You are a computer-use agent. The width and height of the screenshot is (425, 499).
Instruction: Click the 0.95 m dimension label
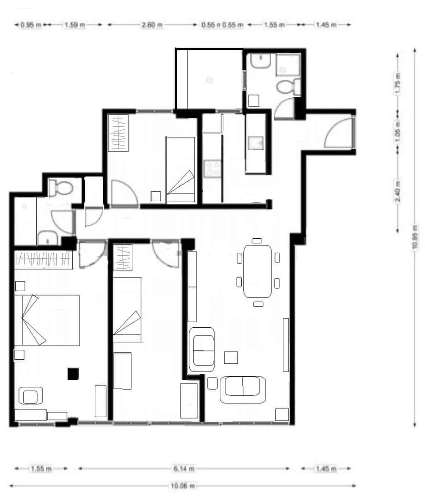click(x=31, y=25)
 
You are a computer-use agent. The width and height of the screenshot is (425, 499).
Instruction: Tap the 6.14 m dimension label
click(x=183, y=469)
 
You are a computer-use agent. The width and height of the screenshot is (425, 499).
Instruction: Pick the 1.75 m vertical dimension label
click(x=398, y=83)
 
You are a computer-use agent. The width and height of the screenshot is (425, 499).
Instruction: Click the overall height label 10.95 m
click(x=415, y=237)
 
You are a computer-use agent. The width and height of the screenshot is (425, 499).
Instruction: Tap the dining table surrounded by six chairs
click(x=257, y=271)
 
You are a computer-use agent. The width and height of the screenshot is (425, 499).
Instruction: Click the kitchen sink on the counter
click(x=254, y=143)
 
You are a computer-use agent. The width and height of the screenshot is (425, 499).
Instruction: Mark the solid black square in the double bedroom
click(x=73, y=373)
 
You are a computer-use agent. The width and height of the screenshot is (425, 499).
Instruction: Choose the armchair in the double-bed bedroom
click(x=30, y=396)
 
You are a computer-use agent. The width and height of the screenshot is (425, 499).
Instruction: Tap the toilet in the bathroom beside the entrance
click(x=287, y=87)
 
